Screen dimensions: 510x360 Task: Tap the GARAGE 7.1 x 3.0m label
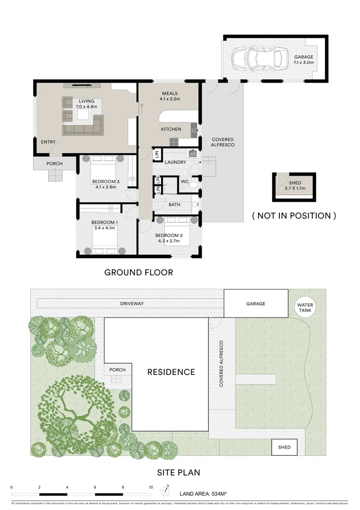(303, 59)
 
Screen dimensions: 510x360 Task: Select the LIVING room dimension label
(86, 104)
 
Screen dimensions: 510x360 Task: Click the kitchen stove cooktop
(174, 141)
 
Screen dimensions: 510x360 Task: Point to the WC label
(185, 181)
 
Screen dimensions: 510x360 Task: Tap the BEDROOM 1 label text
(105, 225)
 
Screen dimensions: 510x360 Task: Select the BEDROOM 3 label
(106, 184)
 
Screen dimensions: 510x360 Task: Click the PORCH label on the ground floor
(54, 164)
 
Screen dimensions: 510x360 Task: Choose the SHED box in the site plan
(284, 447)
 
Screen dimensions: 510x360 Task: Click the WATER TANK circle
(305, 308)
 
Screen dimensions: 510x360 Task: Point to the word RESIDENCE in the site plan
(171, 372)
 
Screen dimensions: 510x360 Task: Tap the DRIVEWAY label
(132, 304)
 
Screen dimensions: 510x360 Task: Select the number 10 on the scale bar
(151, 487)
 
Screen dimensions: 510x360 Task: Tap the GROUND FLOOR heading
(138, 272)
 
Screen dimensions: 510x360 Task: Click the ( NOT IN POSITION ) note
(294, 216)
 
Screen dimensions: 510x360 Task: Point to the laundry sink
(193, 153)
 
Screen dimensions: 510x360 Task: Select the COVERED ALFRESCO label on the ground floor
(223, 142)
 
